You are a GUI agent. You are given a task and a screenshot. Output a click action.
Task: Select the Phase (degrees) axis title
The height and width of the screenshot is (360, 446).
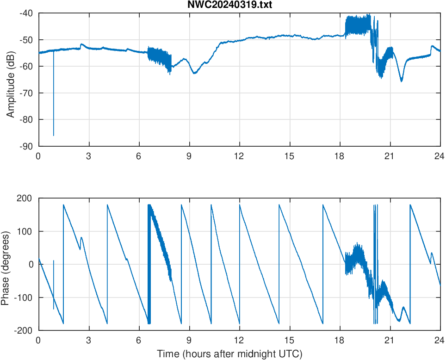[x=6, y=264]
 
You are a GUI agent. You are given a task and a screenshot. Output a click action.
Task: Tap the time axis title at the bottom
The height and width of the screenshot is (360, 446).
[x=229, y=354]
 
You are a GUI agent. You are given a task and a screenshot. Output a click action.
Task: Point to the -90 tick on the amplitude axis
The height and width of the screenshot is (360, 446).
[x=26, y=146]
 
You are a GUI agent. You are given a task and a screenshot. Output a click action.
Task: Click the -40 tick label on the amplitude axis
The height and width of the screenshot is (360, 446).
[x=26, y=13]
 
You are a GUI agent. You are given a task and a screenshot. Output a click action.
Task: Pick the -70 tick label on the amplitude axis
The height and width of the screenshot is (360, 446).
[x=26, y=93]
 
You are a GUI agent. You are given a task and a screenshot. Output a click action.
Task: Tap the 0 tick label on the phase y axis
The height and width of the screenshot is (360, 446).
[x=31, y=264]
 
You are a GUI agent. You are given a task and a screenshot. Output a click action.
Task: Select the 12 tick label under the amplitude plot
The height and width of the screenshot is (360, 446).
[x=239, y=156]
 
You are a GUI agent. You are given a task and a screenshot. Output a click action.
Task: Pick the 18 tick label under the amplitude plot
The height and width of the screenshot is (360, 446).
[x=340, y=156]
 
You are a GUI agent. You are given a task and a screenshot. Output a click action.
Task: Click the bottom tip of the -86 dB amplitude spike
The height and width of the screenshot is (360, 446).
[x=54, y=136]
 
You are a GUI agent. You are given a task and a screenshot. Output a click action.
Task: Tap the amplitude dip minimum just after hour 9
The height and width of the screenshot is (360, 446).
[x=194, y=73]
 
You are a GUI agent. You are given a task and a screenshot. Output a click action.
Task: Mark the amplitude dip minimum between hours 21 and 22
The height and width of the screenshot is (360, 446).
[x=402, y=81]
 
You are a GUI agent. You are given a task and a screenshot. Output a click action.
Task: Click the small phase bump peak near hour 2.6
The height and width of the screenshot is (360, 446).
[x=81, y=237]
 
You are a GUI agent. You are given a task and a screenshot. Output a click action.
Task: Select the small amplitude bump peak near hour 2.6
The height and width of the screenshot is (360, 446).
[x=81, y=44]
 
